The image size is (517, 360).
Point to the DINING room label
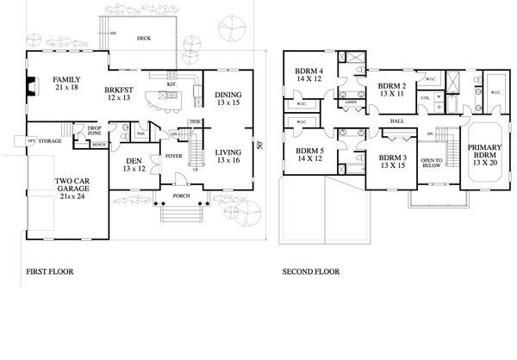coord(227,95)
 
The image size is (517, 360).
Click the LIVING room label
coord(227,152)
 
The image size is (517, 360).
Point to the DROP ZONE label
coord(95,130)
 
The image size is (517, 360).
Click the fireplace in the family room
coord(31,86)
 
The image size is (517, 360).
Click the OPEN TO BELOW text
coord(432,164)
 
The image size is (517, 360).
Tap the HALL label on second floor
coord(397,121)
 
